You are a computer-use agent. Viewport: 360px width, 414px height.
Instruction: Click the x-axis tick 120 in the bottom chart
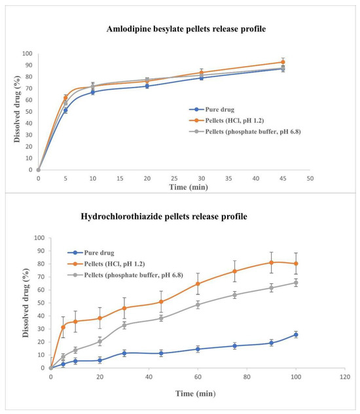click(345, 377)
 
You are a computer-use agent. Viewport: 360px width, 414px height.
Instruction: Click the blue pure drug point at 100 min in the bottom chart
click(296, 334)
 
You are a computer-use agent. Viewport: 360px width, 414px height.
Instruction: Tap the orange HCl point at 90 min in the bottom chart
click(271, 262)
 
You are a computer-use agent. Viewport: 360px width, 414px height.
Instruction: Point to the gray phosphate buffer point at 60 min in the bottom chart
click(198, 305)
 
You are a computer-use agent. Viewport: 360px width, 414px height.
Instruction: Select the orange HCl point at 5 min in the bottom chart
click(63, 327)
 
